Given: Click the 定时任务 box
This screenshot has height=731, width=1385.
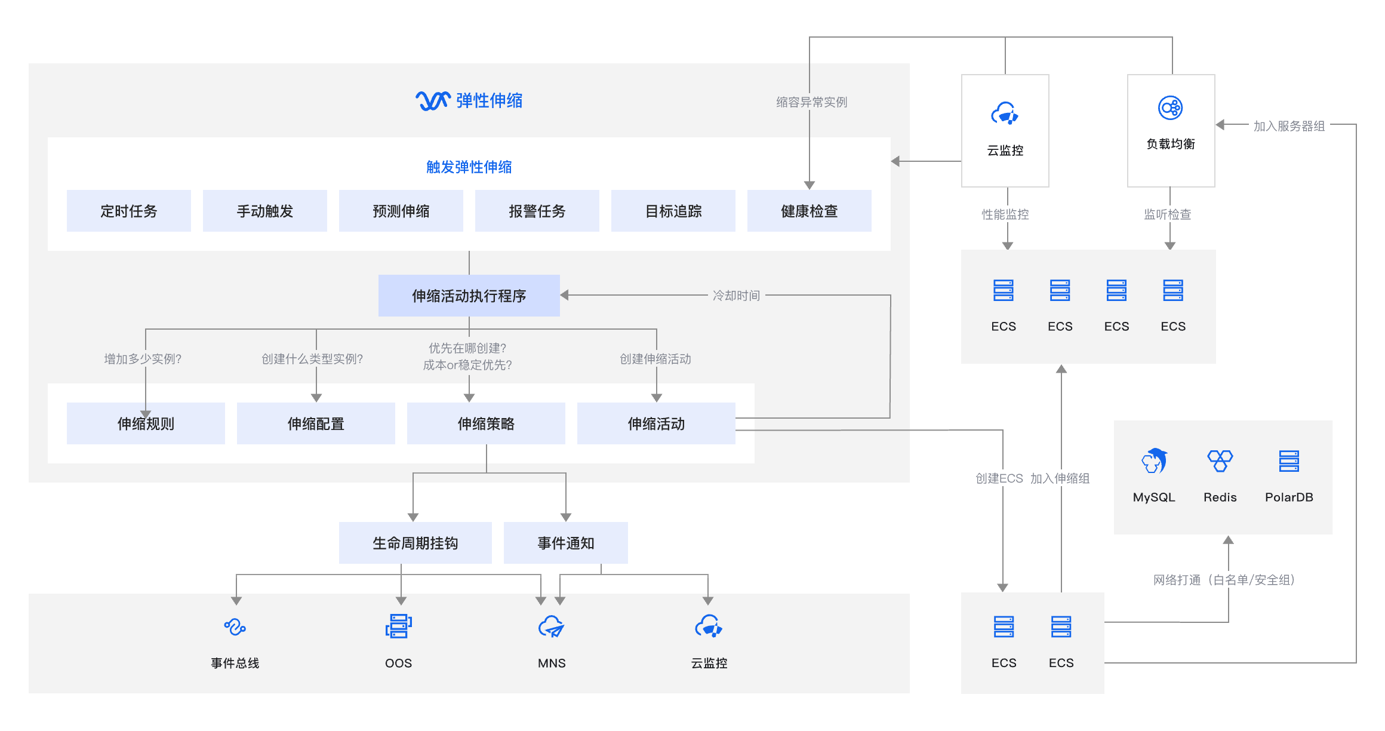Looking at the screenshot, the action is [129, 211].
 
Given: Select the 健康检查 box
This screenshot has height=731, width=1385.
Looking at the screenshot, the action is [809, 211].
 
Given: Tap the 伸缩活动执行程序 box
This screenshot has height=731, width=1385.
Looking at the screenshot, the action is [469, 296].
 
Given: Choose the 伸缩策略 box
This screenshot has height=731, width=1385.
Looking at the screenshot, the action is [486, 423].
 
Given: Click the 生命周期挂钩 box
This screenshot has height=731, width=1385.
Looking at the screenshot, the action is [415, 543].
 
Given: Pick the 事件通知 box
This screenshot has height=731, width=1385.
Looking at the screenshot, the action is [566, 543].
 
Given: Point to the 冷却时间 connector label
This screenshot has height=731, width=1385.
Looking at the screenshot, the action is [736, 296].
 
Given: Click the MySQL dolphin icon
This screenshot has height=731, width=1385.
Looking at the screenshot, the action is [1155, 460].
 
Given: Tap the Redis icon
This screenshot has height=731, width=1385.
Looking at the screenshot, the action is [1220, 460].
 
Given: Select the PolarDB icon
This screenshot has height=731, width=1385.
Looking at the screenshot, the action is [1289, 460].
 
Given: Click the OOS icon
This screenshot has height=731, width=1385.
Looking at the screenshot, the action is [399, 626].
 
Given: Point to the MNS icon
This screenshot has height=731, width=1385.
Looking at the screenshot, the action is [552, 626].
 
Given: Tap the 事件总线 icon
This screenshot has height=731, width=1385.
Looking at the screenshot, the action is [235, 626].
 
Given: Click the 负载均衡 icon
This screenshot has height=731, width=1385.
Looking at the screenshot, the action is [1170, 108].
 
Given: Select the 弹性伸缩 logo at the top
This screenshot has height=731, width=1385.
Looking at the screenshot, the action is [433, 100].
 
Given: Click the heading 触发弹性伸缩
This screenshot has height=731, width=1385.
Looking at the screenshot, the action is [469, 167].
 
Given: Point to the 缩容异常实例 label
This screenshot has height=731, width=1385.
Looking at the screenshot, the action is [812, 102].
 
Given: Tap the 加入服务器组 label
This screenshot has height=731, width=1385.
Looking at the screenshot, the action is [1289, 126].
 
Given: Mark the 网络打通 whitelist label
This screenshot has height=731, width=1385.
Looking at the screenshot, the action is [1224, 580].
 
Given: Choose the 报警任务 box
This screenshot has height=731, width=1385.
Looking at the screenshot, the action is [537, 211].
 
